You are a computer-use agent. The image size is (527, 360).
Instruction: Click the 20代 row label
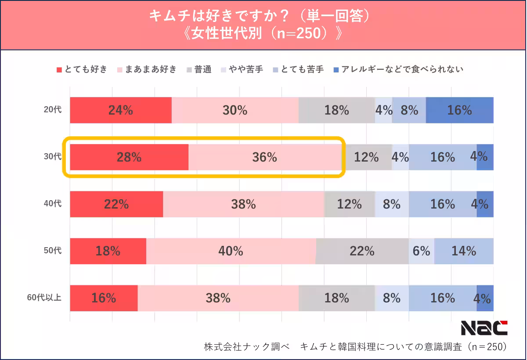53,110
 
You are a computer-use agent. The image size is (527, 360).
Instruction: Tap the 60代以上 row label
44,298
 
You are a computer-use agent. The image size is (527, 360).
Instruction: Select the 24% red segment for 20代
121,110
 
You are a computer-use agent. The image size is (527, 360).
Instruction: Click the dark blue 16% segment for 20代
459,110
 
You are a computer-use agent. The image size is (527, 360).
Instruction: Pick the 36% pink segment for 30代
265,157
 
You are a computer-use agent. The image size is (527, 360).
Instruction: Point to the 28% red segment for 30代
129,157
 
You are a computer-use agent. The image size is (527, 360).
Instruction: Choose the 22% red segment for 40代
116,204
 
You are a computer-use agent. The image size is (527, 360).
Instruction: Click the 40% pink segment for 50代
231,251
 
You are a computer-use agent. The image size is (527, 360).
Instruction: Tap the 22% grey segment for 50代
362,251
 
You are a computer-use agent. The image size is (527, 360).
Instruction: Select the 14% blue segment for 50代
464,251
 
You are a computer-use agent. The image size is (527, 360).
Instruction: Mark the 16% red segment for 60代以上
104,298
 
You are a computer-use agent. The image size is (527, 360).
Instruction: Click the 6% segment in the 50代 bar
422,251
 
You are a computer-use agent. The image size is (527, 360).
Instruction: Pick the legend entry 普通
199,69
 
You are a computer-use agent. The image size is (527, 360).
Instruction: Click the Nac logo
484,327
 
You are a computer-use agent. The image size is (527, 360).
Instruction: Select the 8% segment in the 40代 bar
392,204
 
